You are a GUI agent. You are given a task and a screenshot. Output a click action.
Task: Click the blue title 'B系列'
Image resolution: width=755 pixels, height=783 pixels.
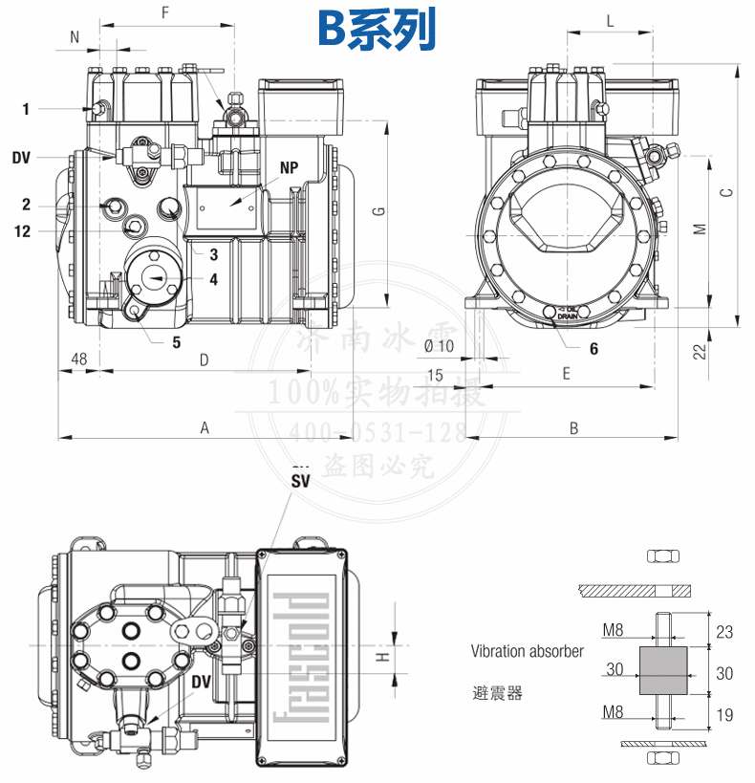[377, 30]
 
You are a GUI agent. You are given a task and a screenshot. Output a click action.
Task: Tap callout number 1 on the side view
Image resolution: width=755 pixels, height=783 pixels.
[26, 109]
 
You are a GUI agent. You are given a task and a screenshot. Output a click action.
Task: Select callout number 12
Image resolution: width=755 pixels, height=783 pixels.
[23, 230]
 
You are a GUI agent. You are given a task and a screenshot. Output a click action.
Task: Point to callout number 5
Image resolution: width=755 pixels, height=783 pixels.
[176, 341]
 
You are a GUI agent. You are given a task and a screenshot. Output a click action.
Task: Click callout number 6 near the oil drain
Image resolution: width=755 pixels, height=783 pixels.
[593, 349]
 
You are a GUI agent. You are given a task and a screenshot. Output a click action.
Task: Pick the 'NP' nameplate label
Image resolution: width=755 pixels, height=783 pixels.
[290, 167]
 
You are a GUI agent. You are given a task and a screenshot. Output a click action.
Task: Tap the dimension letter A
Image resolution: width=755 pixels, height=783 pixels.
[205, 428]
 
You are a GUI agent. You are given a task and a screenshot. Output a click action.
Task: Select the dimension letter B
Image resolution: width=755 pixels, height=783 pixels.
[573, 428]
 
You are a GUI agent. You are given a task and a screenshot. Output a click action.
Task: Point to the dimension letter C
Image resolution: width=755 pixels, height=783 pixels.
[726, 192]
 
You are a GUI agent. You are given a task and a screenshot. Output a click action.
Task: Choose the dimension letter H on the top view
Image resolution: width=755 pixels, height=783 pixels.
[380, 659]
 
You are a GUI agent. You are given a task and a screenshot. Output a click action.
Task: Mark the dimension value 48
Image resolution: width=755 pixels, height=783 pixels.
[79, 359]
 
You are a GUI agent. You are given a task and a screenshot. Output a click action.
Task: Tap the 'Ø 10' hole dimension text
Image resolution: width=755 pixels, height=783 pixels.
[437, 346]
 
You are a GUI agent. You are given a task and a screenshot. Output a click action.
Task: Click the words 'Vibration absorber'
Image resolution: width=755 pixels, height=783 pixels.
[527, 651]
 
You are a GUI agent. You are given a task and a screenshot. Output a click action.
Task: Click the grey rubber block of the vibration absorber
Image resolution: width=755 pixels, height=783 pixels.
[661, 669]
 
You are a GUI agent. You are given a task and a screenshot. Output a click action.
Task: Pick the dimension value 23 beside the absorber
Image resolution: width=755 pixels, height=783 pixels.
[724, 631]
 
